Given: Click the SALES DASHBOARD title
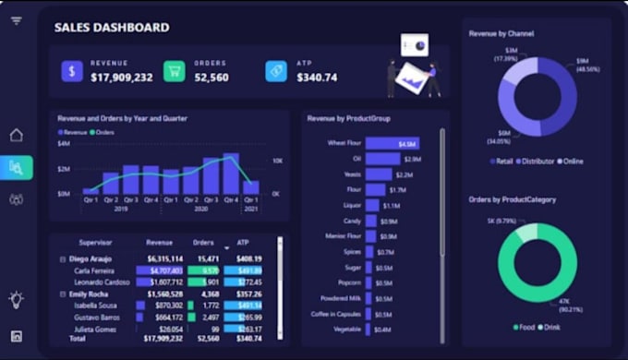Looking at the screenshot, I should [x=112, y=28].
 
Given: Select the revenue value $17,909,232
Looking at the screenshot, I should [x=122, y=78].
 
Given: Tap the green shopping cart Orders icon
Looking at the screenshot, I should [x=174, y=71].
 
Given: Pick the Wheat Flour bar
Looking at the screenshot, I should [x=392, y=144].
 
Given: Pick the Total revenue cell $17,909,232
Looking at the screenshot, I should [x=164, y=339].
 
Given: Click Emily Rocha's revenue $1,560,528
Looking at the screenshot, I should [x=164, y=294].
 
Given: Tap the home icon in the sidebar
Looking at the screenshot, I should [x=16, y=136].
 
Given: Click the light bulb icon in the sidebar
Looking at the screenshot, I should [x=16, y=299].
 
